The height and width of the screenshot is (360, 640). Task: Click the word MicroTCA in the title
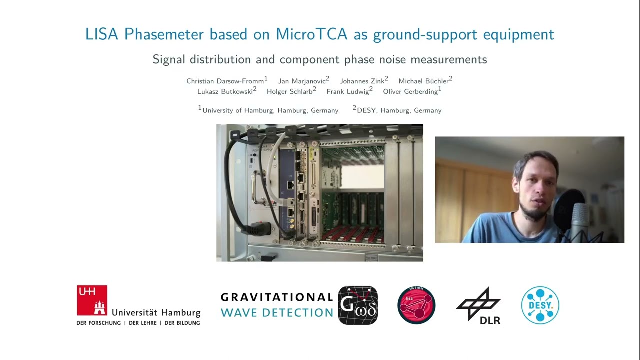tap(312, 34)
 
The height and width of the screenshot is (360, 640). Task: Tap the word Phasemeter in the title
tap(164, 34)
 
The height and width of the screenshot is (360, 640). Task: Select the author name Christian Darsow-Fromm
tap(225, 81)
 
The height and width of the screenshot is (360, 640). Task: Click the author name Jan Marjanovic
tap(302, 81)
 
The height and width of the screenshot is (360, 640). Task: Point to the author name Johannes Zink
tap(362, 81)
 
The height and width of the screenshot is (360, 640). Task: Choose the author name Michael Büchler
tap(423, 81)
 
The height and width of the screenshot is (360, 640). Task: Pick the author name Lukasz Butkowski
tap(225, 91)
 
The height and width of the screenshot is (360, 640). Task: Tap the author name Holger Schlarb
tap(289, 91)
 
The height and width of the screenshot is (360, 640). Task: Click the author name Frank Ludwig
tap(348, 91)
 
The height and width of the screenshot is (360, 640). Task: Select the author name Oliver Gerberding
tap(410, 91)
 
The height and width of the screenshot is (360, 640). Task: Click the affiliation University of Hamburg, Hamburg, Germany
tap(270, 110)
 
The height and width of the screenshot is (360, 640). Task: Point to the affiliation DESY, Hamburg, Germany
tap(399, 110)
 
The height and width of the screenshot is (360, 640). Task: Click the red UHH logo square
tap(92, 300)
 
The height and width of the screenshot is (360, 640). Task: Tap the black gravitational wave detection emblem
tap(358, 305)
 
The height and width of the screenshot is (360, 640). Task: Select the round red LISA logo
tap(416, 305)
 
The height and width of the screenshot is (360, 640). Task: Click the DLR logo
tap(479, 306)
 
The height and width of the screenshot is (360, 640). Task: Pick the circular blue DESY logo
tap(540, 305)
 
